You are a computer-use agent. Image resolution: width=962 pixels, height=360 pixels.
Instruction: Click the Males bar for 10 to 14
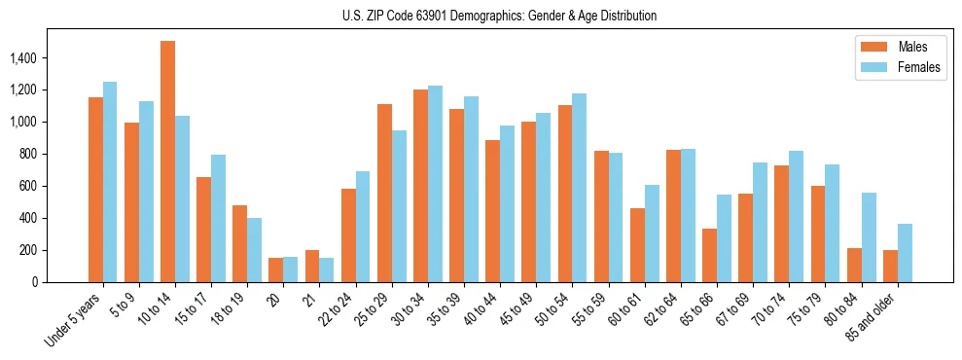click(167, 162)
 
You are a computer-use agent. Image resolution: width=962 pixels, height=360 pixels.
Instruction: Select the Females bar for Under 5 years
click(110, 182)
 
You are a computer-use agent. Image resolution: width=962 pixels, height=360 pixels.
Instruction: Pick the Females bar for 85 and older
click(905, 253)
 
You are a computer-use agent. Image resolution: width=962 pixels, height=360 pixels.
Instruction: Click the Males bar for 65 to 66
click(709, 255)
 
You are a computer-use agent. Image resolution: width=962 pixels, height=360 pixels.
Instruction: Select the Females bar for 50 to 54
click(580, 188)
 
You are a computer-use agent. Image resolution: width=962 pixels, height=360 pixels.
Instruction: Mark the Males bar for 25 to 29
click(384, 193)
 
